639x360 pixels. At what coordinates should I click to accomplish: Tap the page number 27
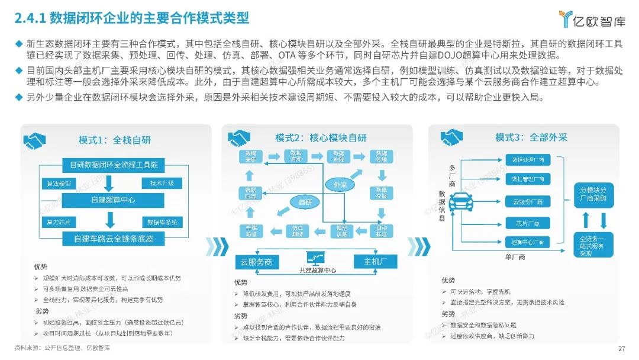621,348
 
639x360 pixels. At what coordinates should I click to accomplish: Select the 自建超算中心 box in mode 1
112,200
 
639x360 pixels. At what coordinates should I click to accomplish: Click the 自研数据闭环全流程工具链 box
112,164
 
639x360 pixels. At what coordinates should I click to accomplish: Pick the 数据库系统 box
162,222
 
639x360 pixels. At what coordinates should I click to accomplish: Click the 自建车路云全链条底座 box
112,239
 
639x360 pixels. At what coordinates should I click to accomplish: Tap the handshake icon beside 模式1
34,141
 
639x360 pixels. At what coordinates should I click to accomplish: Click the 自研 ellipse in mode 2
305,202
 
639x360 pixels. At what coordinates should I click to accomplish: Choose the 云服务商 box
256,261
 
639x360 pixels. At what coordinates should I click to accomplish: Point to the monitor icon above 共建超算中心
314,258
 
